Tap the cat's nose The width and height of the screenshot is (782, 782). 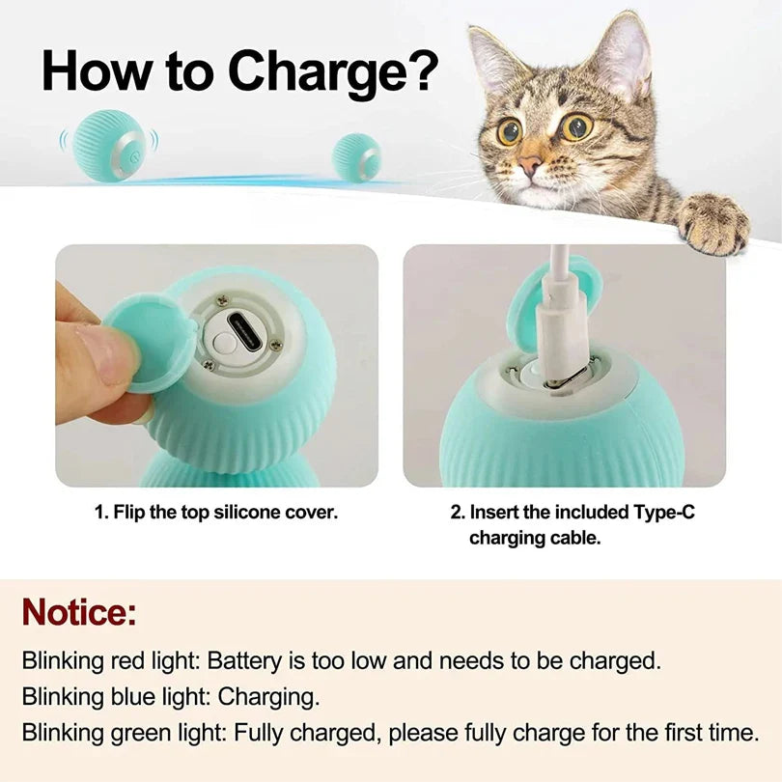(531, 166)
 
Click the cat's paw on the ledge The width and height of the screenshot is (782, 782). (712, 223)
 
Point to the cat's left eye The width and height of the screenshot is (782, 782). (577, 127)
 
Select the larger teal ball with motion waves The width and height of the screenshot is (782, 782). (109, 145)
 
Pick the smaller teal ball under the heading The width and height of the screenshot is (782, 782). (356, 157)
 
